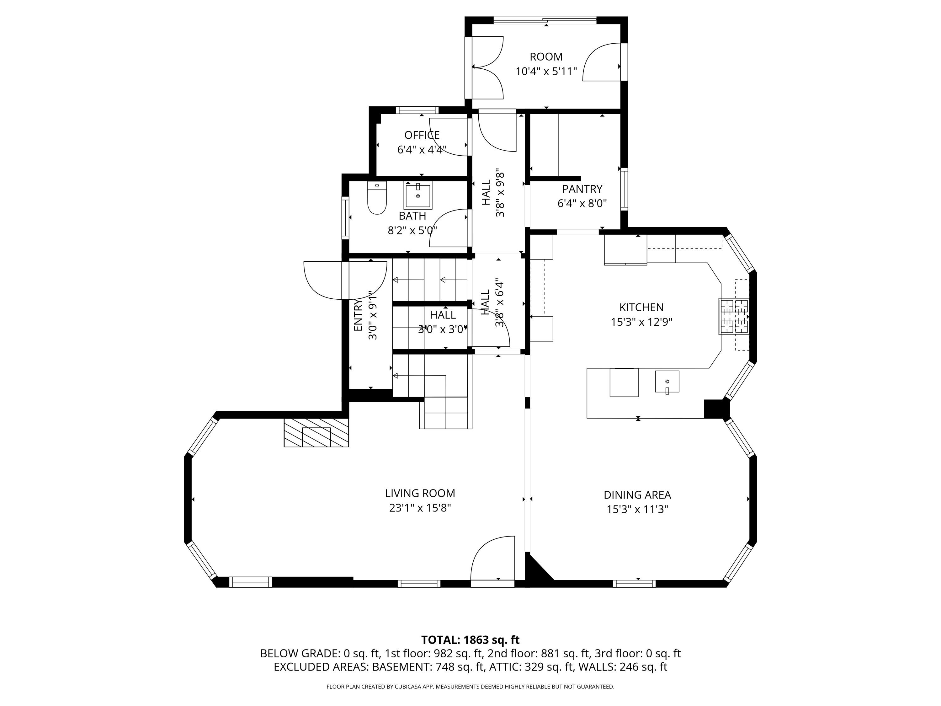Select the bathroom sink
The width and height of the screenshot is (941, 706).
[418, 195]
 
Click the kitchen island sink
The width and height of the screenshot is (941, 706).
[667, 381]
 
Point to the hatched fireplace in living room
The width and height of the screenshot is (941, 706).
[316, 432]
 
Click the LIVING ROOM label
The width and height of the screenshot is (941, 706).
[420, 493]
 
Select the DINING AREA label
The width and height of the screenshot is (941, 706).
[637, 495]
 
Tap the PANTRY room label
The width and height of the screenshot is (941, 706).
[582, 189]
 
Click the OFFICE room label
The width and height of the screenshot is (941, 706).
[422, 135]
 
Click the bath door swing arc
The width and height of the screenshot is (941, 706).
[449, 228]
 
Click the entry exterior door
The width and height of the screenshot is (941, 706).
[345, 280]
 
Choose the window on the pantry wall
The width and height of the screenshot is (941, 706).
[624, 189]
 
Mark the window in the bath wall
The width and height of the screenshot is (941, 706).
[345, 217]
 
